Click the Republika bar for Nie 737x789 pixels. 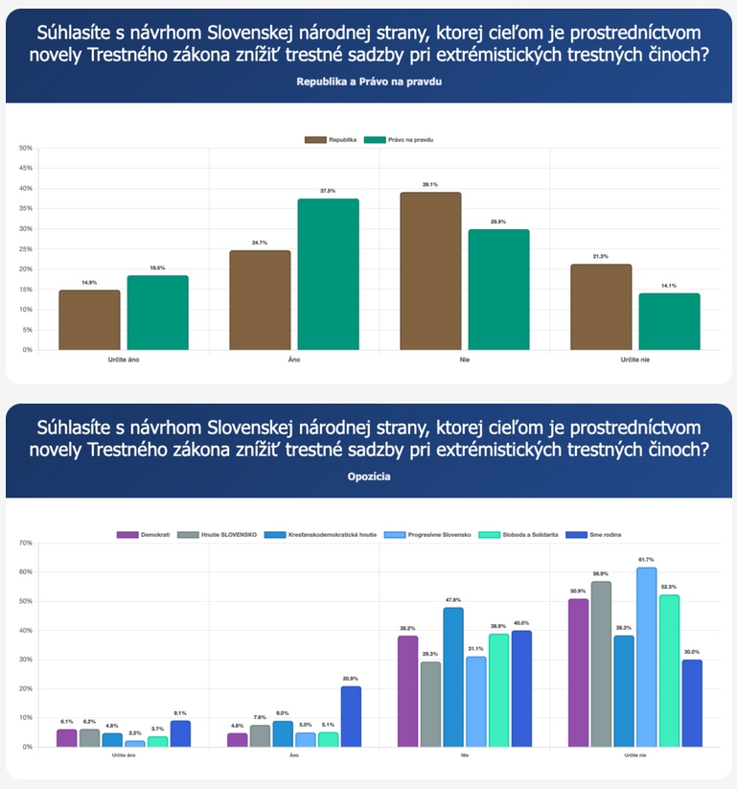(x=430, y=271)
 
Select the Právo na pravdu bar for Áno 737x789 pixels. (x=329, y=274)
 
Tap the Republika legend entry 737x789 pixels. (x=332, y=139)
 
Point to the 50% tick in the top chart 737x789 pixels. (x=26, y=149)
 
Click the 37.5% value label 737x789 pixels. (x=329, y=192)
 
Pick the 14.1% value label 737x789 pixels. (x=669, y=286)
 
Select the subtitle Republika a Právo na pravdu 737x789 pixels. (x=369, y=82)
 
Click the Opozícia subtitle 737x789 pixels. (x=369, y=476)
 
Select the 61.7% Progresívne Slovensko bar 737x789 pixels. (x=647, y=657)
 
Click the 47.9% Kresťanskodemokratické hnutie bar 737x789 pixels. (x=453, y=677)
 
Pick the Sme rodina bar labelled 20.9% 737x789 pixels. (x=351, y=716)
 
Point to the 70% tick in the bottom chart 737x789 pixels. (x=26, y=544)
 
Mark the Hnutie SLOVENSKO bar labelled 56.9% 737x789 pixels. (x=601, y=663)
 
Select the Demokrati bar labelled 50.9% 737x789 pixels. (x=578, y=672)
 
